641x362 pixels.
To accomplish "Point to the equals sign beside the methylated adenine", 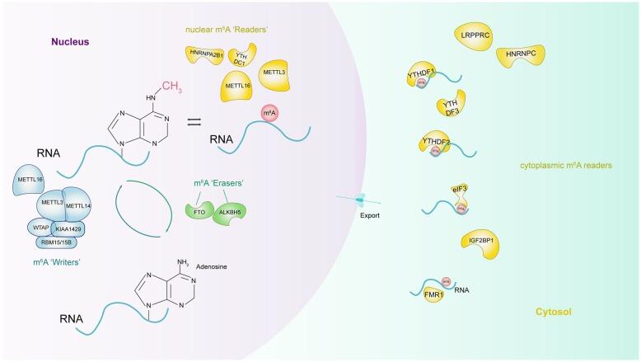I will point(194,122).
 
